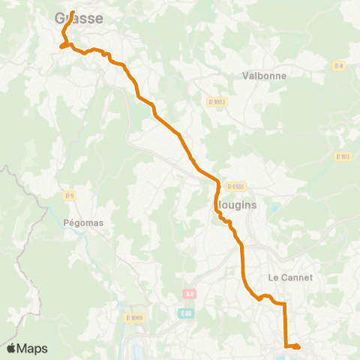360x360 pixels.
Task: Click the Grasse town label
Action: click(79, 19)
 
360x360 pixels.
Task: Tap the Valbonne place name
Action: click(261, 76)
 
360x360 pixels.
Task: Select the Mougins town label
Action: click(235, 204)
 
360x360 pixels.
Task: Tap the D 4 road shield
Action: click(339, 66)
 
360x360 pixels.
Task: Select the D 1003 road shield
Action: click(216, 101)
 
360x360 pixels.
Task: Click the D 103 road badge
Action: click(343, 156)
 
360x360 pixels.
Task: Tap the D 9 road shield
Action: click(70, 196)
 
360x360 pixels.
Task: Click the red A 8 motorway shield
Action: click(189, 295)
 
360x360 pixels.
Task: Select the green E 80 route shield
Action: click(186, 312)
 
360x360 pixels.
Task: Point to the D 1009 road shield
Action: click(135, 317)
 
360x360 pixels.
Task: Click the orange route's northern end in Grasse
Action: click(73, 11)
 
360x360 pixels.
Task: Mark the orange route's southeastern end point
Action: click(298, 346)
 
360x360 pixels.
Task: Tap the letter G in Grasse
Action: click(61, 19)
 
